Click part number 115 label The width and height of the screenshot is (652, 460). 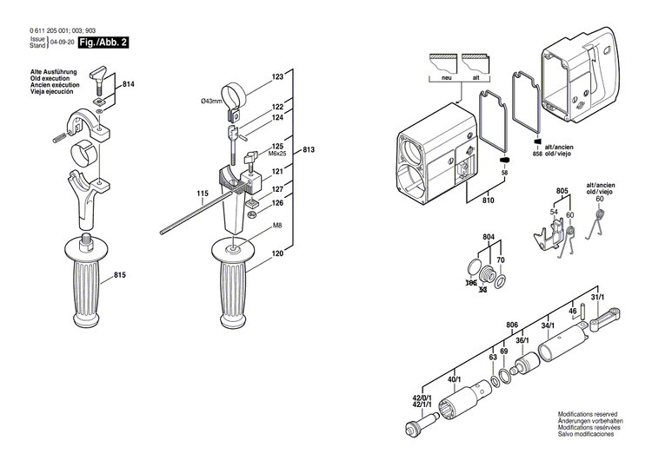[x=202, y=193]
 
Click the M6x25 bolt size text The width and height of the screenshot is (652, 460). [x=277, y=154]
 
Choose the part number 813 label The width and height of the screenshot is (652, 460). [x=309, y=150]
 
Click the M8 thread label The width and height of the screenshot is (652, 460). [x=277, y=226]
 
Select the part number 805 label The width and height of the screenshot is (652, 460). [x=562, y=190]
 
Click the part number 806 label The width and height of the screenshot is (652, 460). [x=512, y=325]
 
